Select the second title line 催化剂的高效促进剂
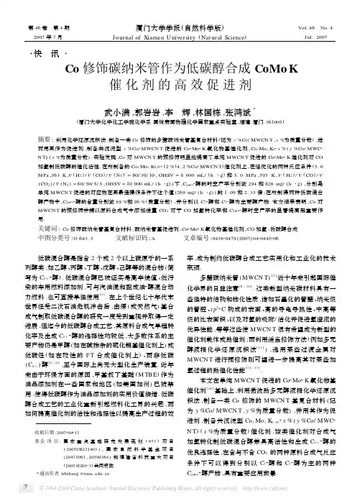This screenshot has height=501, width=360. click(x=180, y=89)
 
